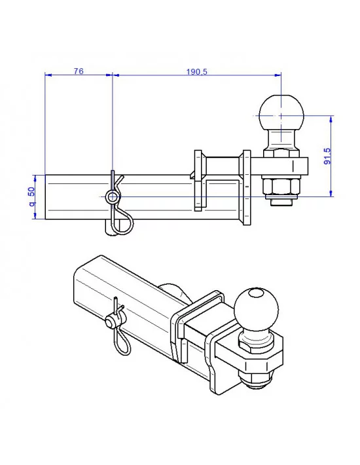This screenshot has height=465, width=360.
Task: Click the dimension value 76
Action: click(78, 71)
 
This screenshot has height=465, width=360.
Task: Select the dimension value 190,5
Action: click(196, 71)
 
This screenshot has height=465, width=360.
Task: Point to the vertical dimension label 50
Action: click(31, 197)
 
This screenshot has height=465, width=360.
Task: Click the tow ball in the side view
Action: click(281, 112)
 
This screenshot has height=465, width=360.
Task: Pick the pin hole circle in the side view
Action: click(113, 196)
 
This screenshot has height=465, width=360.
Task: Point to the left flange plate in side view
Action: click(197, 181)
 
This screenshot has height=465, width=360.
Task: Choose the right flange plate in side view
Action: click(246, 186)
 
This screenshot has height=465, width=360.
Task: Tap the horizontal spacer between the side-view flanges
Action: click(222, 164)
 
